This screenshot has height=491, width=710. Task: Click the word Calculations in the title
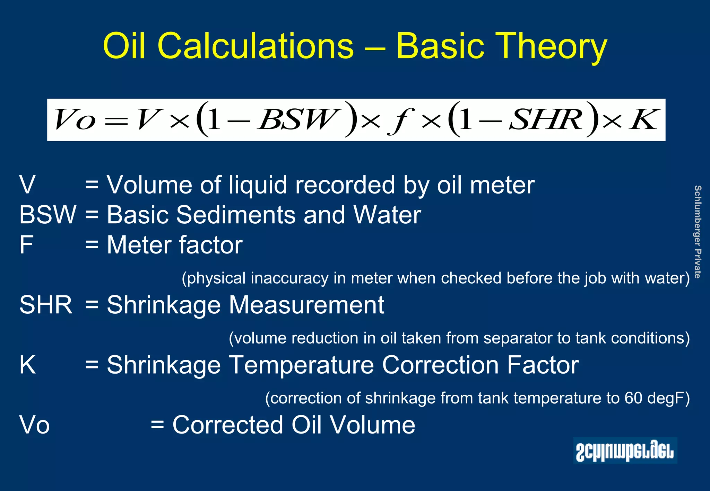coord(256,46)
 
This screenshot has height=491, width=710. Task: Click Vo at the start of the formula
coord(75,120)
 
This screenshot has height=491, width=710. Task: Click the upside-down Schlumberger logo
coord(625,450)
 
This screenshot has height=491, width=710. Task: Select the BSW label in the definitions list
coord(47,215)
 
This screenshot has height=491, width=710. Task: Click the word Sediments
coord(236,215)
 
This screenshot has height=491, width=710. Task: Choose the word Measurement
coord(306,305)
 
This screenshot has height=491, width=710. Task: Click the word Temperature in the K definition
coord(302,365)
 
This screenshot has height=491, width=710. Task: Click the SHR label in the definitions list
coord(46,305)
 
